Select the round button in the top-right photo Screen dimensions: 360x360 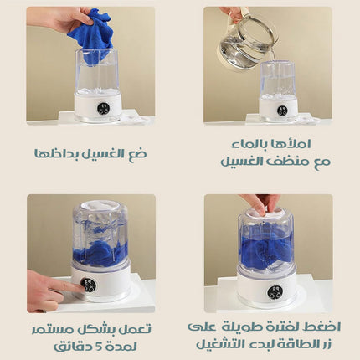pyautogui.click(x=282, y=109)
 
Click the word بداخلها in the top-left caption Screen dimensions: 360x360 pyautogui.click(x=59, y=153)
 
